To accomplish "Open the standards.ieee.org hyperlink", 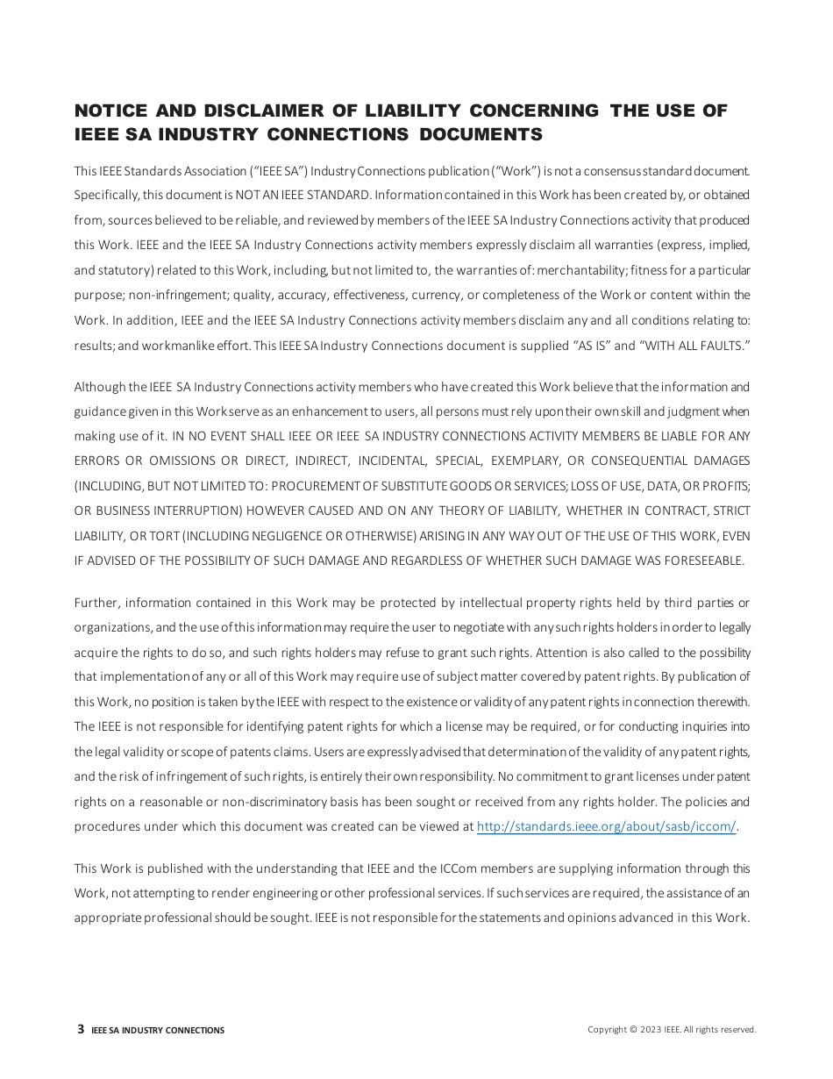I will point(606,826).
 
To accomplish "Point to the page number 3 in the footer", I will point(81,1029).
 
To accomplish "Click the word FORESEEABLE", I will point(701,561).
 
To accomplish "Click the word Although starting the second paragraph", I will point(98,387).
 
